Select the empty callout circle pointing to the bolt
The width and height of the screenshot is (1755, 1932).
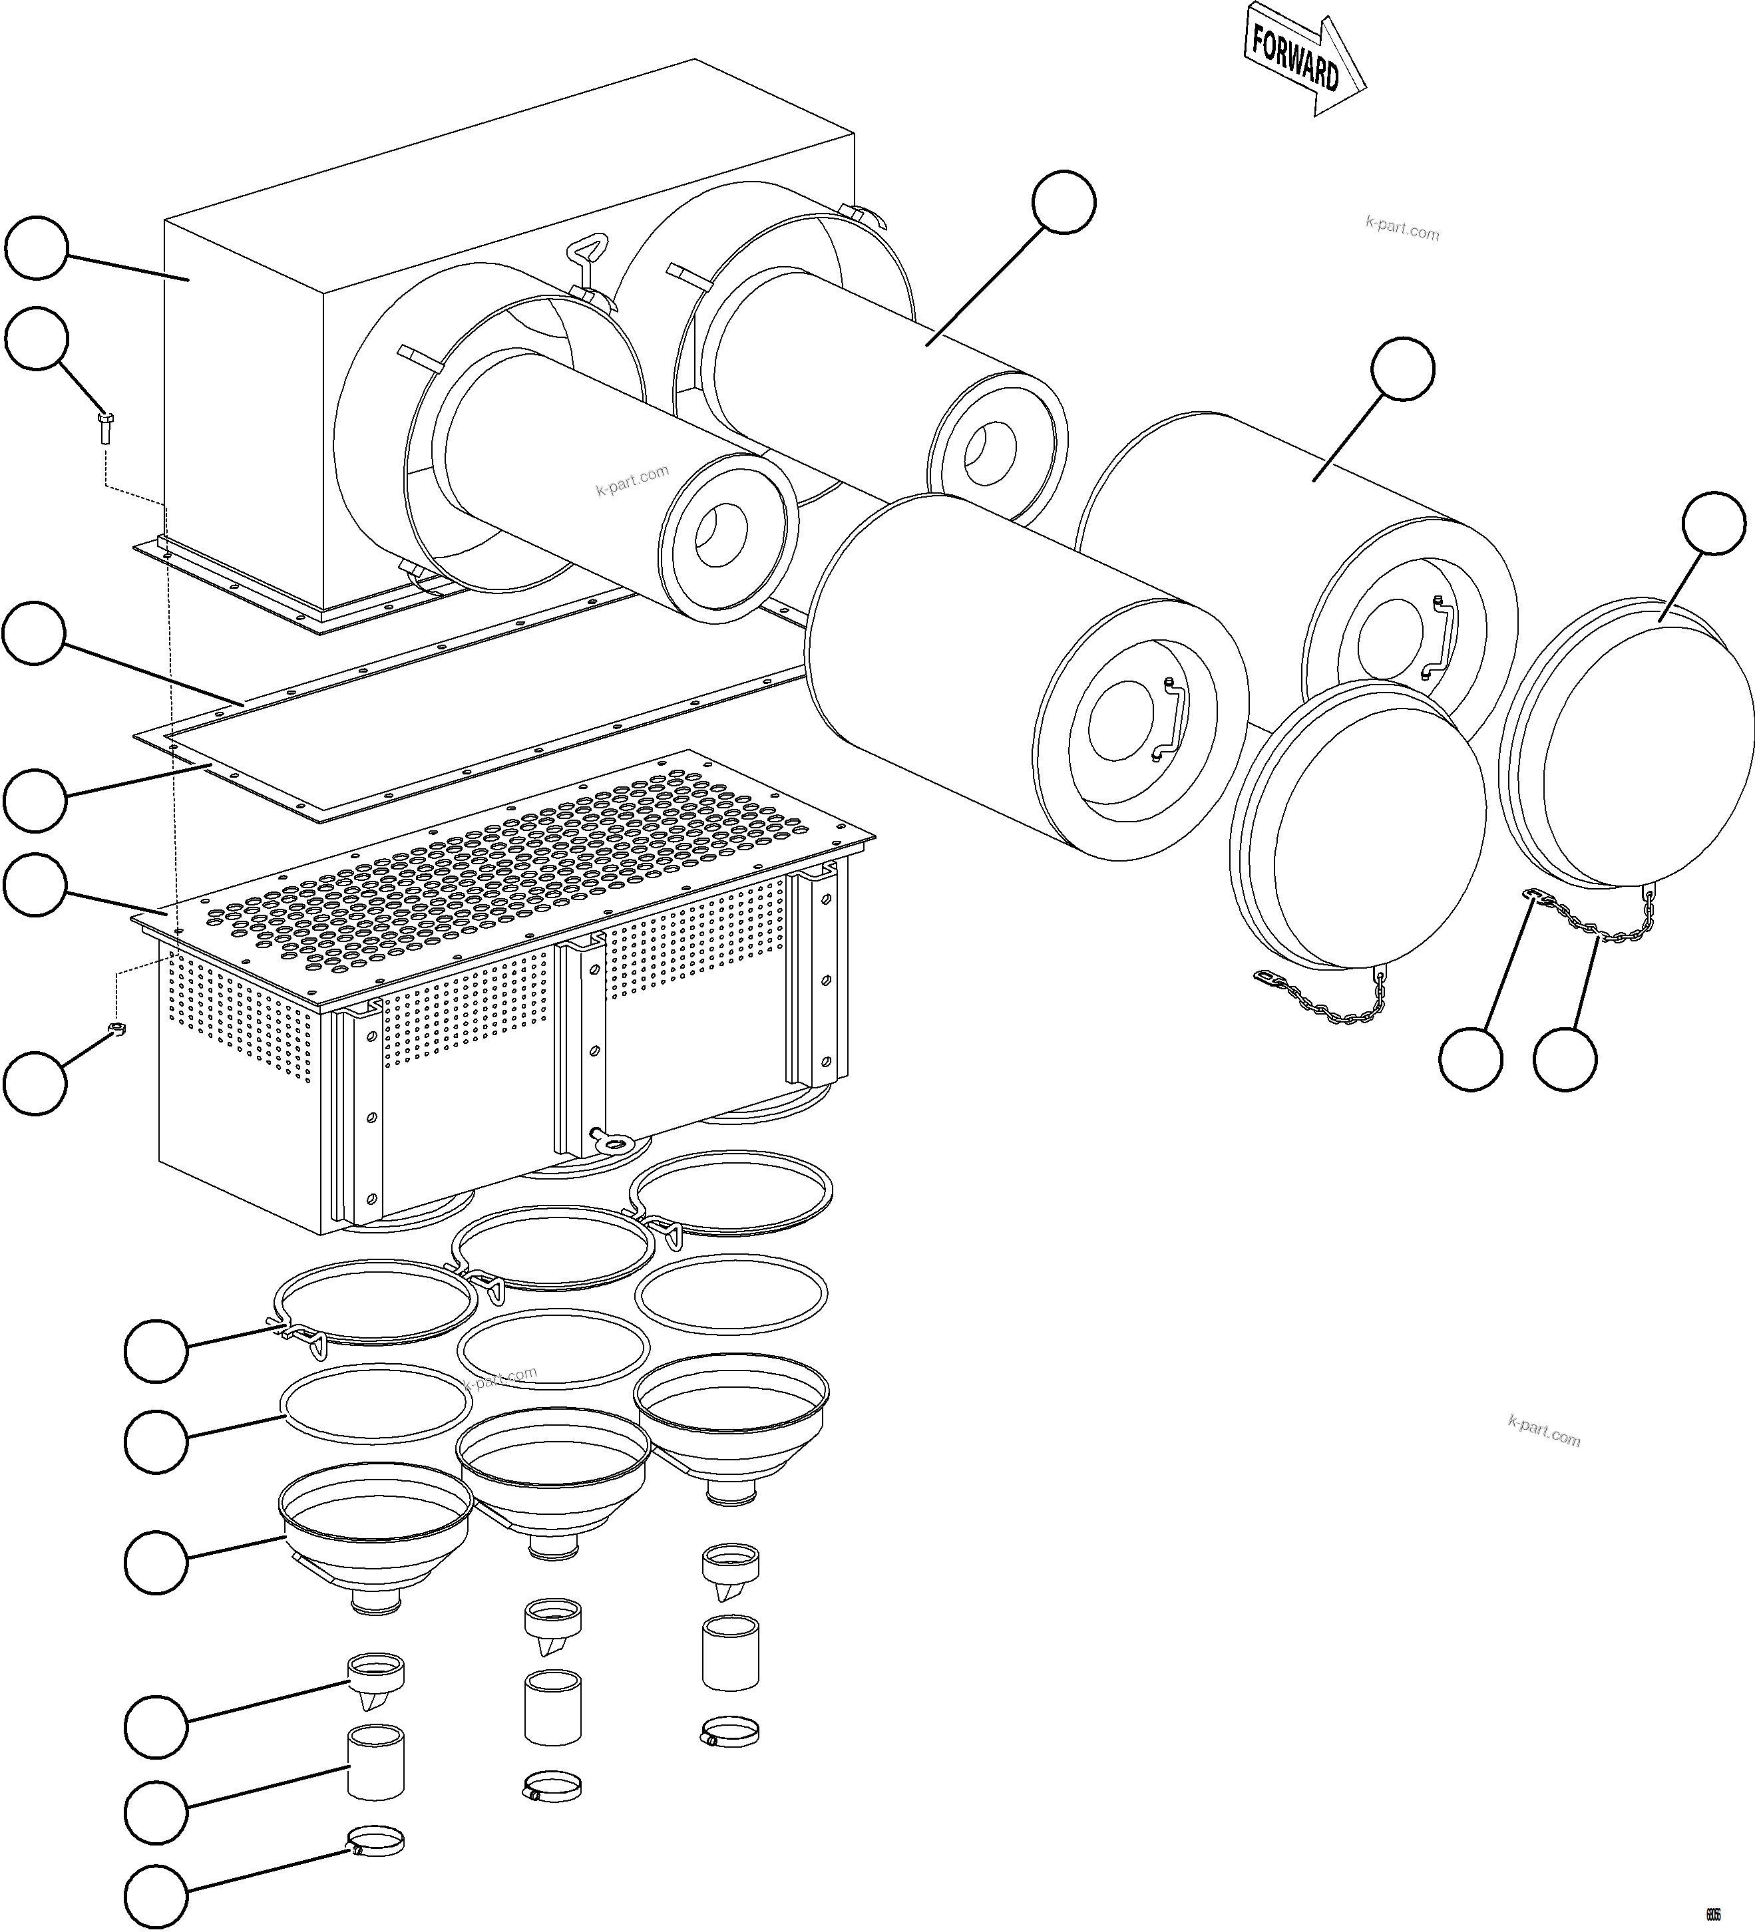[x=37, y=338]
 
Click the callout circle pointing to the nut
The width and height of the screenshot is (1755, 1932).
[x=35, y=1083]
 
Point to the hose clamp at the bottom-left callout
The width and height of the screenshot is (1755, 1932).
[x=375, y=1843]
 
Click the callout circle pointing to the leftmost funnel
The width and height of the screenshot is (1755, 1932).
[x=156, y=1563]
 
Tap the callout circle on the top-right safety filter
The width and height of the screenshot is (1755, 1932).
[x=1064, y=202]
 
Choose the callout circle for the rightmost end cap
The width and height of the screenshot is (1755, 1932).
[x=1714, y=523]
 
